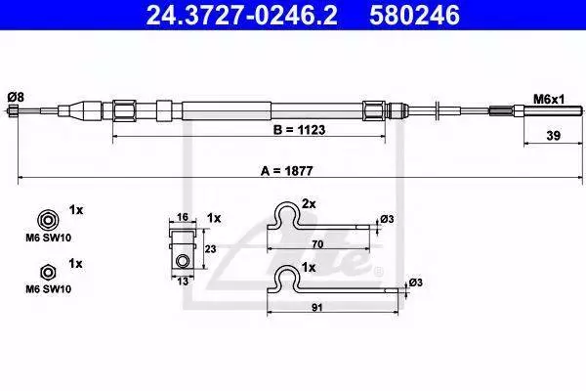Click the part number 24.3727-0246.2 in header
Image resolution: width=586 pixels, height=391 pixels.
[x=241, y=15]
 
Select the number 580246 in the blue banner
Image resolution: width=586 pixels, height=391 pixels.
[x=414, y=15]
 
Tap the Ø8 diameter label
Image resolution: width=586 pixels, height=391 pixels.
[x=16, y=98]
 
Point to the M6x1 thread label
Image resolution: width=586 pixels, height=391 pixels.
[x=549, y=100]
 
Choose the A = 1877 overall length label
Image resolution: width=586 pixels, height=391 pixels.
[x=286, y=171]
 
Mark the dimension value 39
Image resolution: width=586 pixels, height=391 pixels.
[x=554, y=136]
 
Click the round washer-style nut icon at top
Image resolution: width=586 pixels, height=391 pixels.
[x=48, y=220]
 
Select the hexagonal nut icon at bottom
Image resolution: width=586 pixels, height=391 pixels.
[x=48, y=273]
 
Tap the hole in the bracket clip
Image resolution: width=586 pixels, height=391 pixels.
[x=183, y=260]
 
